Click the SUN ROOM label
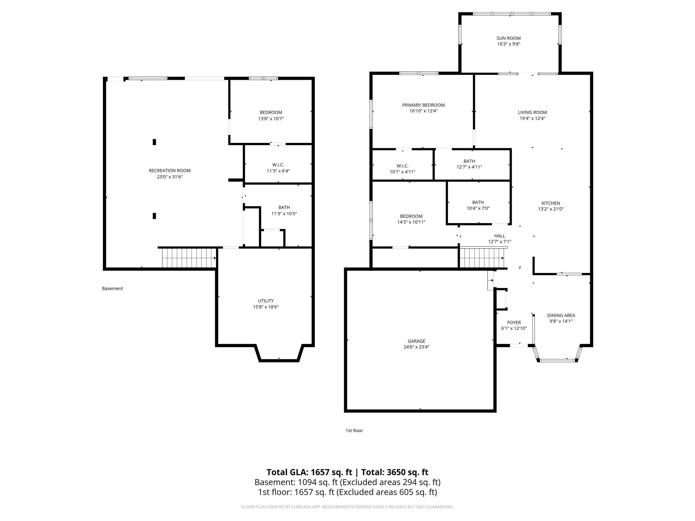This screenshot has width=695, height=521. tap(508, 38)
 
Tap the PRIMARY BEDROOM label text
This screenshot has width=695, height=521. tap(423, 105)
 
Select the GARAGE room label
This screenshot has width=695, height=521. tap(416, 341)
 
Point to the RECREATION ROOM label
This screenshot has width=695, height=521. tap(170, 171)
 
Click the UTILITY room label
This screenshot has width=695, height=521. tap(266, 301)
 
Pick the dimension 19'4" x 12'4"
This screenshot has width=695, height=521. tap(532, 118)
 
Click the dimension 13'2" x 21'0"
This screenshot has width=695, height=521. tap(551, 209)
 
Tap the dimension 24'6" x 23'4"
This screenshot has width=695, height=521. tap(416, 347)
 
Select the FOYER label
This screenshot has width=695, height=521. tap(514, 322)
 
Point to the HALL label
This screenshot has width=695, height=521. tap(500, 236)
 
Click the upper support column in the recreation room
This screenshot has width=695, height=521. tap(154, 142)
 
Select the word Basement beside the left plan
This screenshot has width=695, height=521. tap(112, 289)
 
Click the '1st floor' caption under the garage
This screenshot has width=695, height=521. tap(354, 431)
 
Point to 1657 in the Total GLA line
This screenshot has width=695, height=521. tap(320, 472)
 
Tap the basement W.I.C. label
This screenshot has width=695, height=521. tap(278, 165)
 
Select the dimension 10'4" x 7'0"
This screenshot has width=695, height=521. tap(478, 208)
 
